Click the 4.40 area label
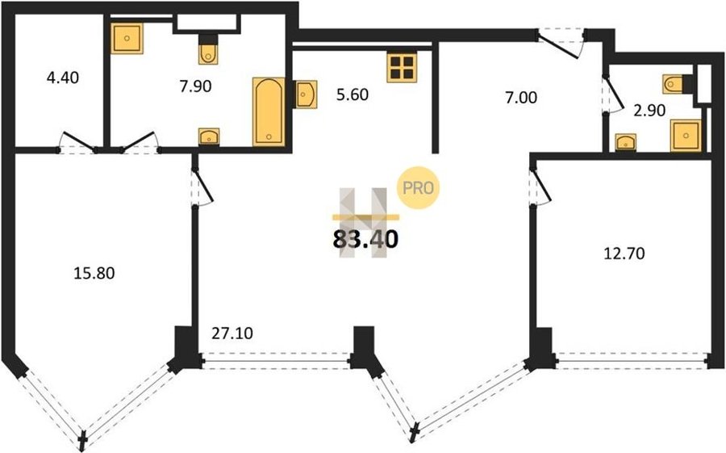(62, 78)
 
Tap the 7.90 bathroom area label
(195, 86)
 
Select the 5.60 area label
(353, 94)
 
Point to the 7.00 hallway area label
(521, 98)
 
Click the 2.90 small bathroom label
(649, 111)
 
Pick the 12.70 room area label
(624, 254)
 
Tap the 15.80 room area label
(94, 273)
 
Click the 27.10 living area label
(232, 333)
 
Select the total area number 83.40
(365, 239)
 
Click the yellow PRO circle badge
(418, 188)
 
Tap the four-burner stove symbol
(402, 67)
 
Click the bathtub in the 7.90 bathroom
(269, 111)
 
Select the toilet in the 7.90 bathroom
(208, 50)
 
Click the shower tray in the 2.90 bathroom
(686, 136)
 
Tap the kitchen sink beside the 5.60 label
(306, 94)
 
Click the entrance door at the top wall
(561, 43)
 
